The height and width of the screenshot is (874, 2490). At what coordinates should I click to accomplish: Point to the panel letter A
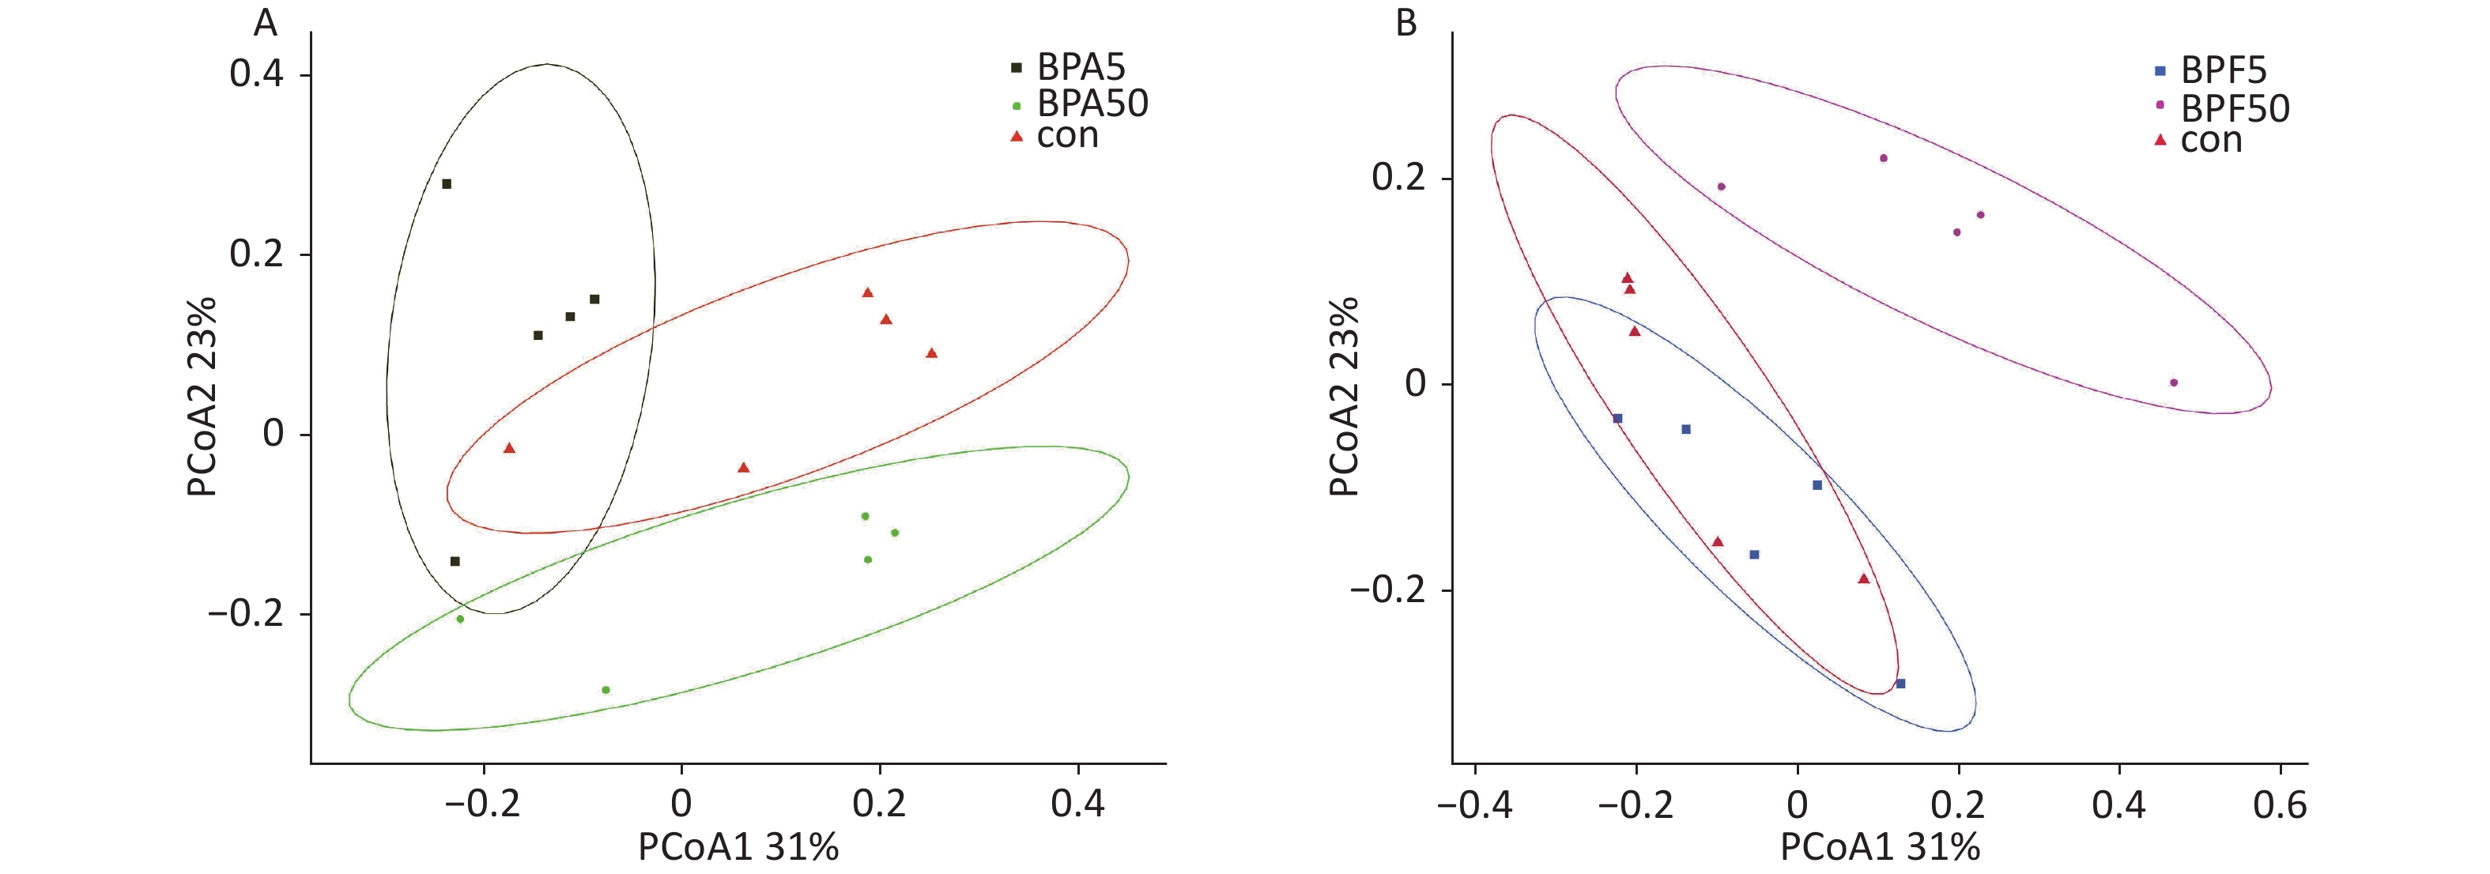click(x=265, y=21)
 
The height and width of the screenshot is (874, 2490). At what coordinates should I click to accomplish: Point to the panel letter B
click(x=1406, y=21)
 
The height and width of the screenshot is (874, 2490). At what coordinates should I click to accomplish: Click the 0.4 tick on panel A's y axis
click(x=256, y=74)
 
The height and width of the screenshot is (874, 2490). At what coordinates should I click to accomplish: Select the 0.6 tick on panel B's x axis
click(x=2279, y=804)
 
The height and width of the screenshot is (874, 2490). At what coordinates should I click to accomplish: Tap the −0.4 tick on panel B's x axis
click(x=1475, y=804)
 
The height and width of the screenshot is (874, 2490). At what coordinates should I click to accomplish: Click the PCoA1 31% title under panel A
click(x=738, y=848)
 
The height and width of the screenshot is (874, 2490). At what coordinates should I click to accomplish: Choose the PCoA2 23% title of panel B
click(x=1344, y=397)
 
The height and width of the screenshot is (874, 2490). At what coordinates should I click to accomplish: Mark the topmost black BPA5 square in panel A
click(x=447, y=183)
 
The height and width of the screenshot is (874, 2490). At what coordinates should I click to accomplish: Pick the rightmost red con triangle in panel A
click(x=932, y=354)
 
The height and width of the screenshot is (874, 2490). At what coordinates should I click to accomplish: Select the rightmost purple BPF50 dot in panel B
click(x=2174, y=382)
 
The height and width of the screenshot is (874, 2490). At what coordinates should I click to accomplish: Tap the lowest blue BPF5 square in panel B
click(x=1900, y=684)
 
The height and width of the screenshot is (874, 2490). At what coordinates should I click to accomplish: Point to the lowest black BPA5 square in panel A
click(x=455, y=562)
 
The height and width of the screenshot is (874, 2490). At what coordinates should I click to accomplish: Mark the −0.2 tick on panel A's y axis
click(x=247, y=614)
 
